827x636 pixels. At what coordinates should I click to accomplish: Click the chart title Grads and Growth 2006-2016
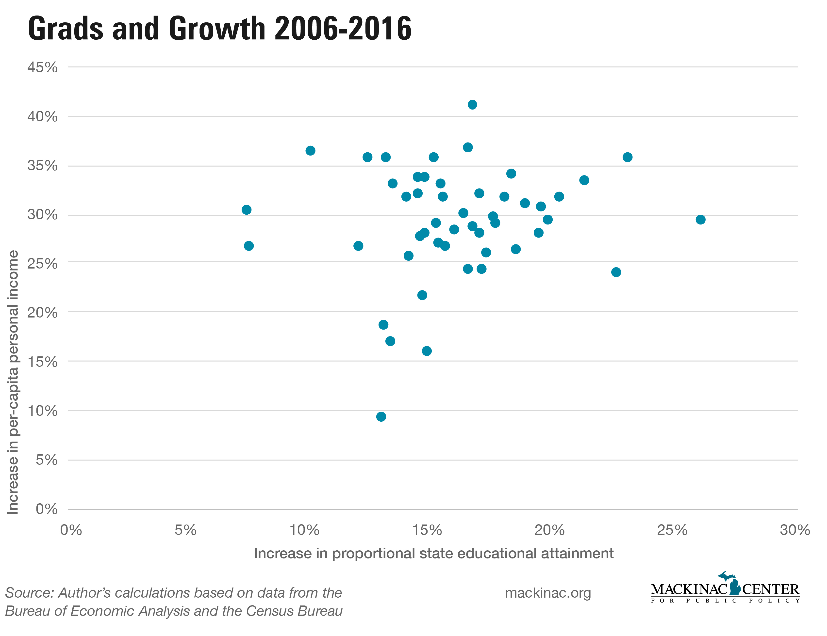(220, 29)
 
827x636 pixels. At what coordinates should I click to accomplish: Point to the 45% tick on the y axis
(42, 67)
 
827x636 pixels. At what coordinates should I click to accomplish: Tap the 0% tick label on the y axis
(47, 509)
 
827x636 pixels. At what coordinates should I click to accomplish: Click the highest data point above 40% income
(472, 104)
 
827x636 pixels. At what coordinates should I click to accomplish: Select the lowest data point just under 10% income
(381, 416)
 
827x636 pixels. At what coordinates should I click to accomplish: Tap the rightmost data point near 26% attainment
(700, 220)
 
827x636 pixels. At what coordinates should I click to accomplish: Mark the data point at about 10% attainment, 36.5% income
(310, 151)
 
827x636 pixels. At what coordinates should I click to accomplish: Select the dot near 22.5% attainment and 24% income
(616, 272)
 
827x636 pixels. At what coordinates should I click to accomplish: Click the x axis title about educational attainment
(433, 553)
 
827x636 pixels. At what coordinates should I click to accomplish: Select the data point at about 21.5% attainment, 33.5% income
(584, 180)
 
